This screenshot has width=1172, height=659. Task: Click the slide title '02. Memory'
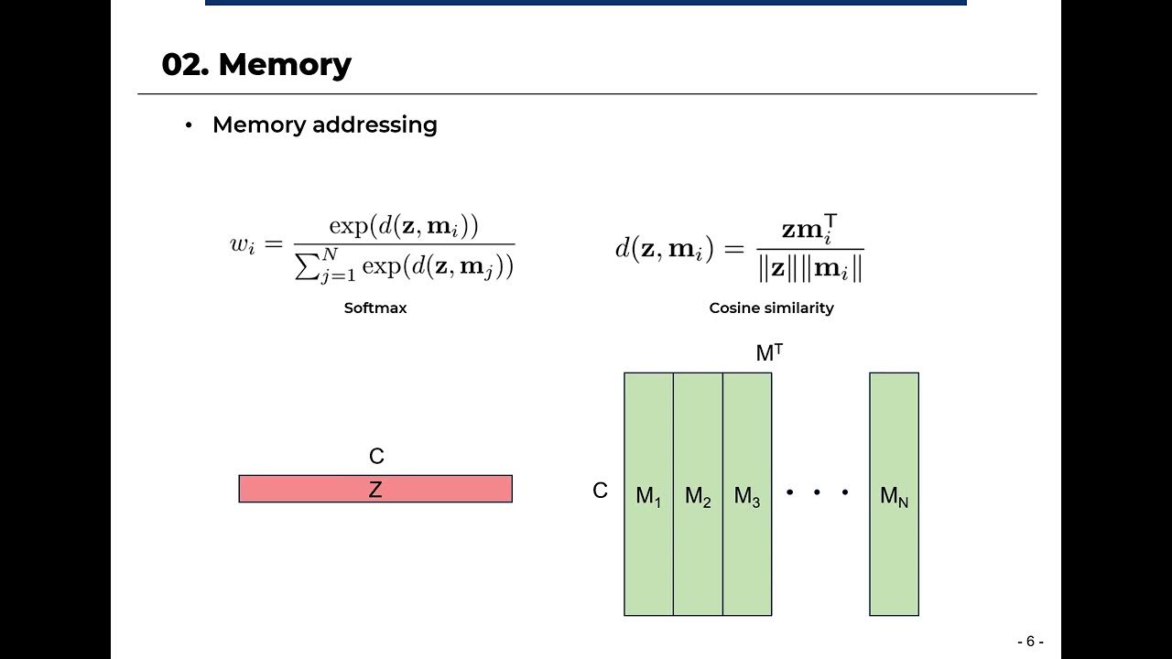click(255, 65)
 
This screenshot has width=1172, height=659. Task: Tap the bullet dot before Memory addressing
click(189, 125)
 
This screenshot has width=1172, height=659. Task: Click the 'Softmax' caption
click(374, 308)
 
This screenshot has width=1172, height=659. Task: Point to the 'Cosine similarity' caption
click(771, 308)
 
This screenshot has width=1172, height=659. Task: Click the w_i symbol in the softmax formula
click(242, 245)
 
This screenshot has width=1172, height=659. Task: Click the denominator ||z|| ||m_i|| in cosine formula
click(810, 269)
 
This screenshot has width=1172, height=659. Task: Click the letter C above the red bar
click(376, 456)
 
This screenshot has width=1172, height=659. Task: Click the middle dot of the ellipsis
click(817, 492)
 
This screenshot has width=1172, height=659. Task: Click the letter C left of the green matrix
click(600, 491)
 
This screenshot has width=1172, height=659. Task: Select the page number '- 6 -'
click(1030, 642)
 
